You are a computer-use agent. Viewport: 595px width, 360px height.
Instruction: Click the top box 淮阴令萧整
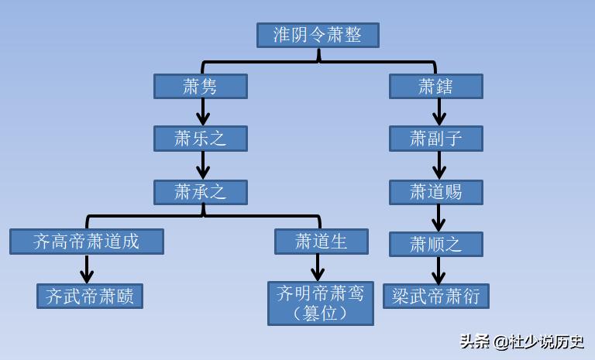[318, 35]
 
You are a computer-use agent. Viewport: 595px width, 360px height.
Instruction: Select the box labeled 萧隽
[200, 86]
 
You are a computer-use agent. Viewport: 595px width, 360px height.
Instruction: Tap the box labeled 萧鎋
[436, 86]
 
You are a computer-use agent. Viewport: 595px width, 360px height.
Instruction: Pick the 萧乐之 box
[200, 139]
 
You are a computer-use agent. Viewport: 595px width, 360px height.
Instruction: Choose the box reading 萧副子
[436, 139]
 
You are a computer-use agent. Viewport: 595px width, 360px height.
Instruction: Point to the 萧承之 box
[200, 192]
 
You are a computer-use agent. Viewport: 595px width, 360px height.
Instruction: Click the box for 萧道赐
[436, 192]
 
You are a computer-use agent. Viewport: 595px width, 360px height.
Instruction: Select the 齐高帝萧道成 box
[87, 242]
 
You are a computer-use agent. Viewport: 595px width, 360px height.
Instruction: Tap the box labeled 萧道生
[322, 242]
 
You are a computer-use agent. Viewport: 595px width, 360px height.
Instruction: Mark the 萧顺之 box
[436, 244]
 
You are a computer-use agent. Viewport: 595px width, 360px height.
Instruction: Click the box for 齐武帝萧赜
[90, 296]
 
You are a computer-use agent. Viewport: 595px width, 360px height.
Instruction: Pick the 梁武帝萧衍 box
[436, 296]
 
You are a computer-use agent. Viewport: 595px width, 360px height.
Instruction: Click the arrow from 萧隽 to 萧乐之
[203, 112]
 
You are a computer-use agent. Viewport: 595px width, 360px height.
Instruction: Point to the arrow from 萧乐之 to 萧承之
[203, 165]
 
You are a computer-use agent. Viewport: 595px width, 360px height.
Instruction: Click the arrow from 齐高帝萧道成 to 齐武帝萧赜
[87, 269]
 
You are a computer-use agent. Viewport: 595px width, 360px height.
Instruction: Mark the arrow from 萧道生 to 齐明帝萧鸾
[318, 267]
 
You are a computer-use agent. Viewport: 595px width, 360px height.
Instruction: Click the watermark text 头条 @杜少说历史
[521, 341]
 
